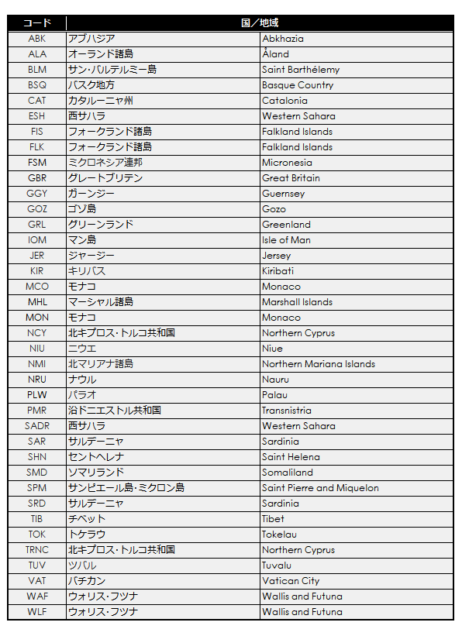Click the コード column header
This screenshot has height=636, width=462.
point(36,23)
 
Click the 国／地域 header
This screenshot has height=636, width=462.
point(260,23)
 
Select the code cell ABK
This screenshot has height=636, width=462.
point(36,39)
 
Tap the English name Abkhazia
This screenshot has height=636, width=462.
point(283,39)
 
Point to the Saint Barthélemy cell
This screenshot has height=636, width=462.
point(301,70)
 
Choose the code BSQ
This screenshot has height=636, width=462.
point(36,85)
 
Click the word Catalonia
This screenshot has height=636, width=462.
point(284,101)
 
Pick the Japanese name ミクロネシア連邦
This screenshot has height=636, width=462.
point(105,163)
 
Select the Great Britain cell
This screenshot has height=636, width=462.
point(291,178)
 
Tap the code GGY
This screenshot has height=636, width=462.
point(36,194)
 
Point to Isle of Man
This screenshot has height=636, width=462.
point(286,240)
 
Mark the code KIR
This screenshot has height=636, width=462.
point(36,271)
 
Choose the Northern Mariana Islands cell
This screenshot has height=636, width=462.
point(319,364)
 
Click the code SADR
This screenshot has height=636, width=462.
point(36,426)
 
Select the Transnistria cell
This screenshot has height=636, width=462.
point(287,411)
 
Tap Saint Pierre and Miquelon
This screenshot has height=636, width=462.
point(320,488)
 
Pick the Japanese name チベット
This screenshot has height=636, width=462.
point(87,519)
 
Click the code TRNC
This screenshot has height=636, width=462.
point(36,550)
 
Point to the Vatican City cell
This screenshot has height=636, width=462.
point(291,581)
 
